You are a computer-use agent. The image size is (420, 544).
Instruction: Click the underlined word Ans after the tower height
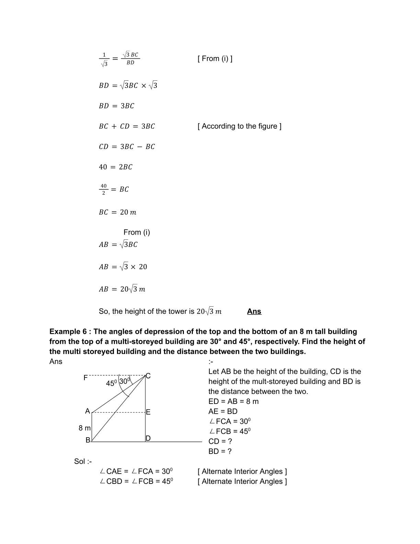pyautogui.click(x=254, y=311)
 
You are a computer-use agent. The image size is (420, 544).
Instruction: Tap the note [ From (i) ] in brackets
pyautogui.click(x=215, y=59)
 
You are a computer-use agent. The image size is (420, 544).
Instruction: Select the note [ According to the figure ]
pyautogui.click(x=239, y=126)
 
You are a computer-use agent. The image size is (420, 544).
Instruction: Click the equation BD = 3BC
pyautogui.click(x=116, y=106)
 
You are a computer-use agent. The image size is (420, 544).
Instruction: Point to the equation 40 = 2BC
pyautogui.click(x=115, y=167)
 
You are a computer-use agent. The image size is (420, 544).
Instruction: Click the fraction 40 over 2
pyautogui.click(x=103, y=189)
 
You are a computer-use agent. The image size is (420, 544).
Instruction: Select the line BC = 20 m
pyautogui.click(x=117, y=213)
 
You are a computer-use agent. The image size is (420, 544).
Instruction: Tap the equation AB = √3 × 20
pyautogui.click(x=123, y=267)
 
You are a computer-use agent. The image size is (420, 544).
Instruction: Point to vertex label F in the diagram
pyautogui.click(x=86, y=378)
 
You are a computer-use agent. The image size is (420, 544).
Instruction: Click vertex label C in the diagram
pyautogui.click(x=148, y=376)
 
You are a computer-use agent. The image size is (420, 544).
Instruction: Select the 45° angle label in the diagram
pyautogui.click(x=112, y=383)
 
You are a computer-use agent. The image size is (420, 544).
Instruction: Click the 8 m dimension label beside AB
pyautogui.click(x=84, y=428)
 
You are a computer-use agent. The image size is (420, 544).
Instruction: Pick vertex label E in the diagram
pyautogui.click(x=148, y=412)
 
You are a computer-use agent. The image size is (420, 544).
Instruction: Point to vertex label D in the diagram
pyautogui.click(x=148, y=439)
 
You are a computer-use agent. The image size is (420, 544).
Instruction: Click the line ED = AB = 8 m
pyautogui.click(x=233, y=401)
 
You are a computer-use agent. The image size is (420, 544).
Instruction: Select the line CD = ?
pyautogui.click(x=220, y=441)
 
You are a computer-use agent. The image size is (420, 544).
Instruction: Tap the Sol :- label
pyautogui.click(x=83, y=462)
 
